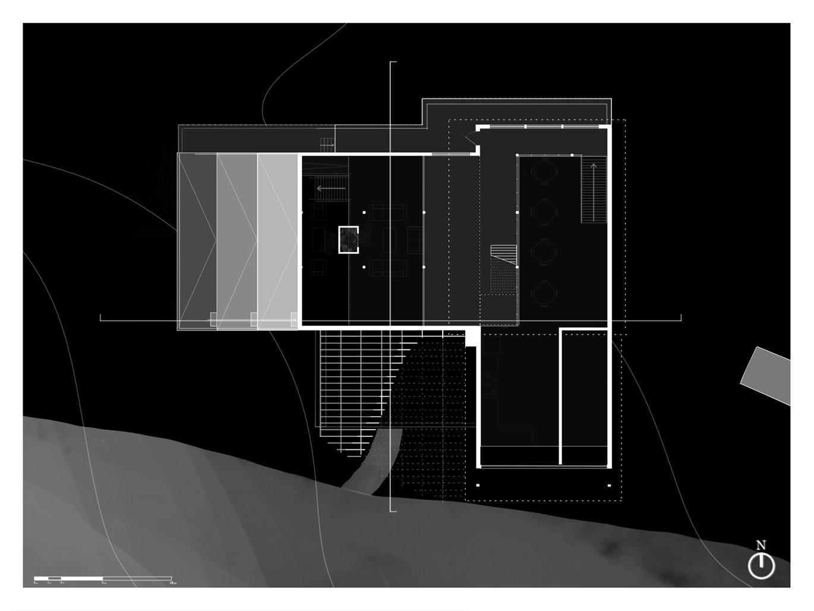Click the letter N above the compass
point(761,545)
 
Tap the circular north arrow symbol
point(761,566)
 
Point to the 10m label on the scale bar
point(172,583)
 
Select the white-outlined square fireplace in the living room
point(349,240)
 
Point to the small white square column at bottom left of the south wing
point(478,486)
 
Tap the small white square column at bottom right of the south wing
point(610,486)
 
